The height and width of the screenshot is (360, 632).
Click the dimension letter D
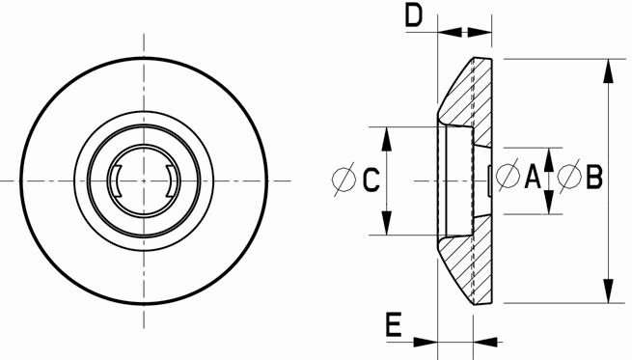[414, 16]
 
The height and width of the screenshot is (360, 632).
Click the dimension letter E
[394, 324]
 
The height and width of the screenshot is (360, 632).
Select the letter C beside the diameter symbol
[371, 180]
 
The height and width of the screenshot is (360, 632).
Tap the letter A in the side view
[533, 177]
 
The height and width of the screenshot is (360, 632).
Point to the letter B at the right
[594, 177]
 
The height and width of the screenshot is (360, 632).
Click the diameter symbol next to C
[343, 179]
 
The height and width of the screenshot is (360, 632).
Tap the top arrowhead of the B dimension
[608, 71]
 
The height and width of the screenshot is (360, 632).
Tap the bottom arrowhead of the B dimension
[608, 291]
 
